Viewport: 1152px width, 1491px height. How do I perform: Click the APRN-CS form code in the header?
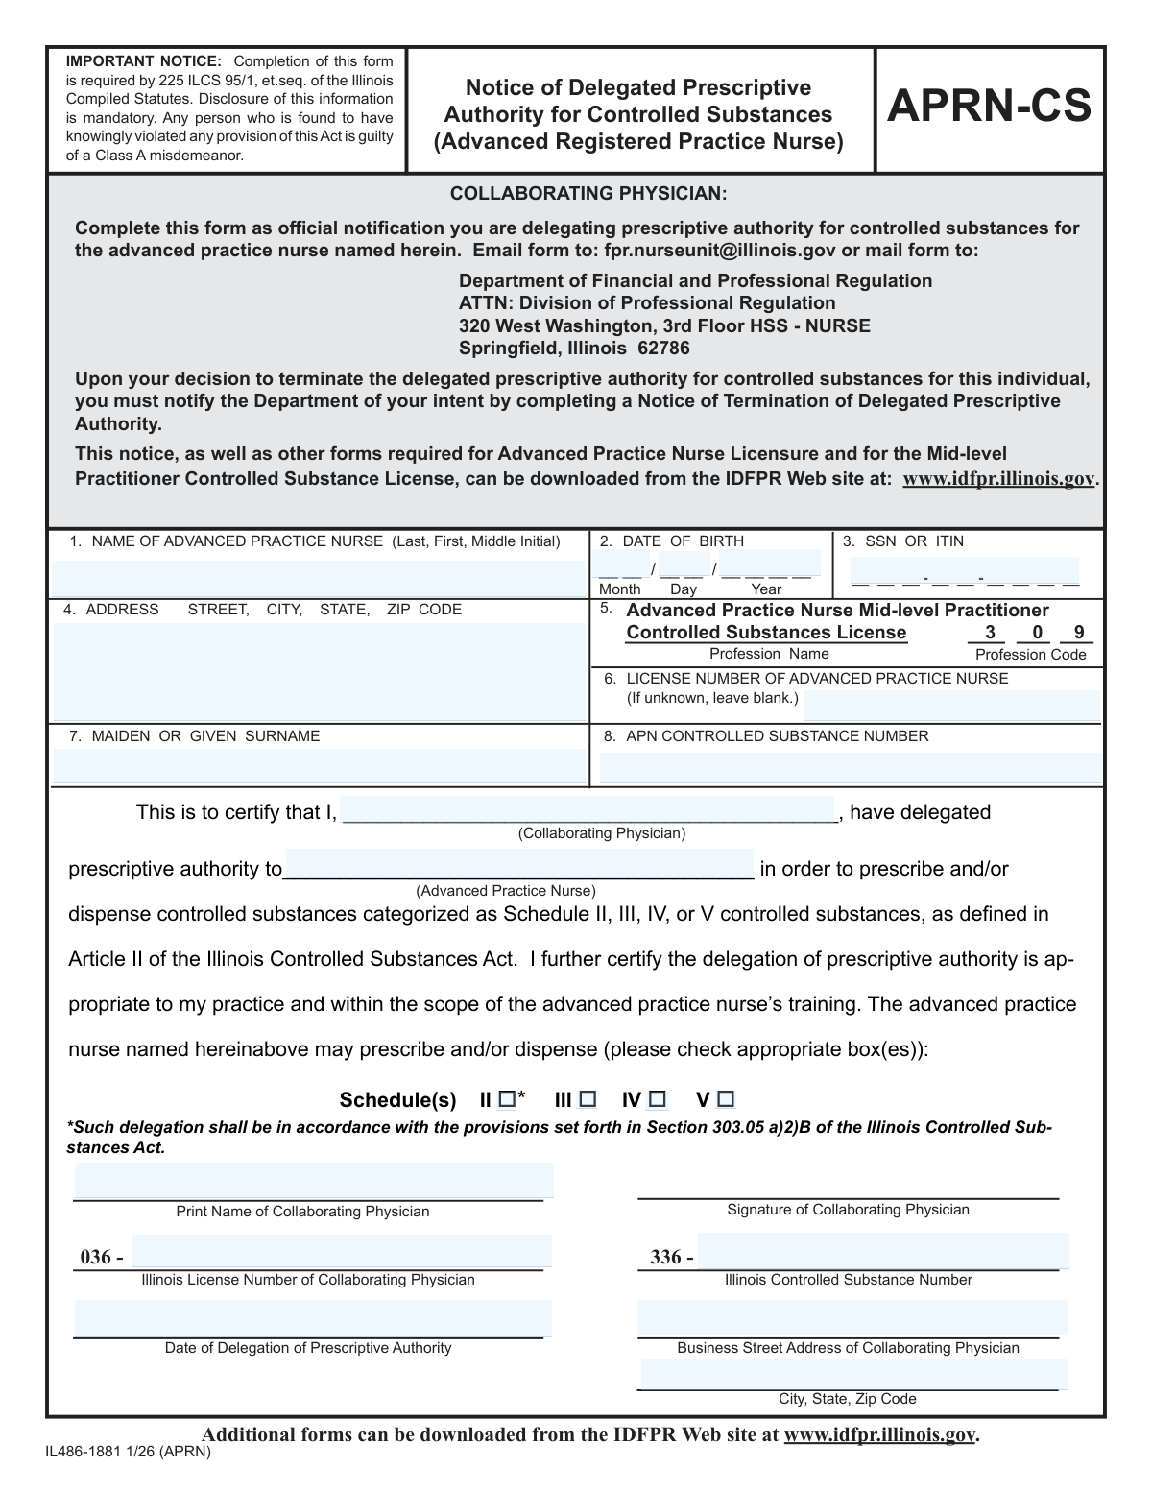[x=989, y=108]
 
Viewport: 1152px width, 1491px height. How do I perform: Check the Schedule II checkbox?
[x=507, y=1098]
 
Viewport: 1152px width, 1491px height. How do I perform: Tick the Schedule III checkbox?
[x=588, y=1098]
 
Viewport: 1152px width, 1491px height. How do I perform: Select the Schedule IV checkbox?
[x=658, y=1098]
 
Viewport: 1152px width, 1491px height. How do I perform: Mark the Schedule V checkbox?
[x=726, y=1098]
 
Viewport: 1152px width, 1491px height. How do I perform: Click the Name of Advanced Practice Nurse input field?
[x=318, y=578]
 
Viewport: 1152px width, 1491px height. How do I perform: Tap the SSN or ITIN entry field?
[x=965, y=574]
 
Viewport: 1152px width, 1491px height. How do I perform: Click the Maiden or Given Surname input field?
[x=318, y=766]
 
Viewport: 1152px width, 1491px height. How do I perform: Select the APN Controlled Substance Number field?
[x=849, y=767]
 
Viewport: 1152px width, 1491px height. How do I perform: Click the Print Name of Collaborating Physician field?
[x=314, y=1181]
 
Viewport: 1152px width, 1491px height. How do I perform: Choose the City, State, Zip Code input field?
[x=853, y=1373]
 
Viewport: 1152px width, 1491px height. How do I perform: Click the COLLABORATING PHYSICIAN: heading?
[x=588, y=194]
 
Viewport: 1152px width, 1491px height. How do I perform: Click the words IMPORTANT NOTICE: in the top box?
[x=143, y=62]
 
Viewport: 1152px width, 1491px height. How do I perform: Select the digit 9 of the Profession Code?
[x=1079, y=633]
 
